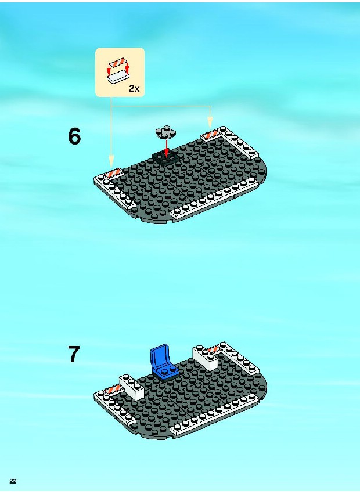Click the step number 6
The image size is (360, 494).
(74, 136)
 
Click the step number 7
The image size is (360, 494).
(74, 354)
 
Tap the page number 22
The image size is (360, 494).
(13, 481)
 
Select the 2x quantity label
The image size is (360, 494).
(134, 89)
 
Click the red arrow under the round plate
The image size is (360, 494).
(166, 148)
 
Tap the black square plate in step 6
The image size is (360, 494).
(165, 158)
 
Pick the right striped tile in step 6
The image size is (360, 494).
(210, 135)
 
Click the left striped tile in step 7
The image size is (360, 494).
(114, 389)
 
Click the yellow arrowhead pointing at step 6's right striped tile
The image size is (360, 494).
(210, 122)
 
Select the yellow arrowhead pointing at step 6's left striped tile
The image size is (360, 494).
(111, 161)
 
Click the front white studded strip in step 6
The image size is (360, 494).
(213, 197)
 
